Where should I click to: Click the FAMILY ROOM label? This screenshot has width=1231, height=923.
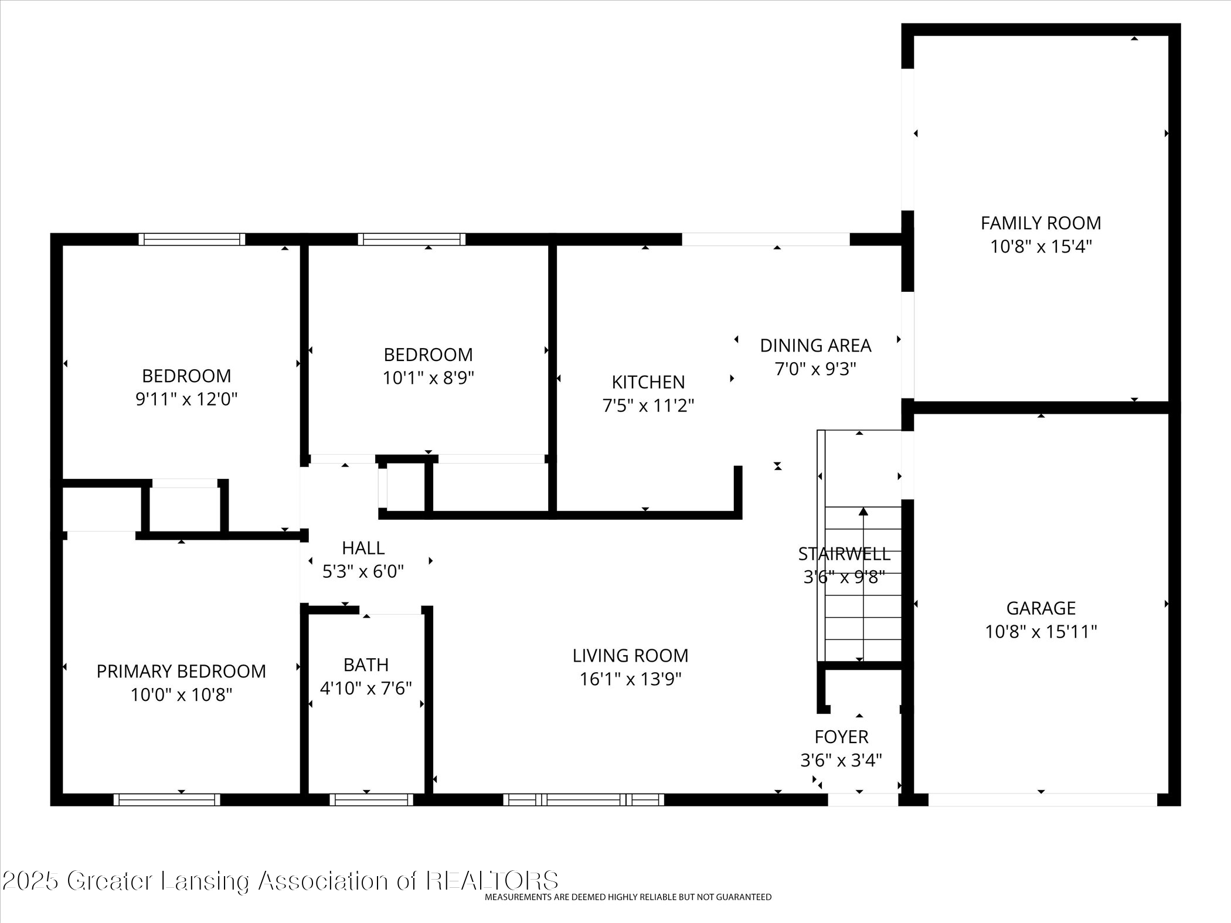[1040, 223]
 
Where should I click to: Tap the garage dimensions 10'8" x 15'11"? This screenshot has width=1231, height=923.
[1040, 632]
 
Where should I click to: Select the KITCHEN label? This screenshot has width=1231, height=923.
[648, 382]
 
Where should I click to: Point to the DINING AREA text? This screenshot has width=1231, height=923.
[815, 346]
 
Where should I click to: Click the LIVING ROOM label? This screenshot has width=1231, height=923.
[630, 655]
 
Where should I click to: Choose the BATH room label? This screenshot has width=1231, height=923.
[366, 665]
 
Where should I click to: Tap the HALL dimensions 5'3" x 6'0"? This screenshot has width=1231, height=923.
[363, 571]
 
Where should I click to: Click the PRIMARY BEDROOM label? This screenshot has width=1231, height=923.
[181, 671]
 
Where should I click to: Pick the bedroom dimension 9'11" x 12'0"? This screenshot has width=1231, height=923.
[186, 400]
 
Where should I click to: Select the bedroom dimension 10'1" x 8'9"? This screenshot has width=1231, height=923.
[428, 379]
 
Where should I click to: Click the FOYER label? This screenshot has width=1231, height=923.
[841, 737]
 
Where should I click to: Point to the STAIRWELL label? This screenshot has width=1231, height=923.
[844, 554]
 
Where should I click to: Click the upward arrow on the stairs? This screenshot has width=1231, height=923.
[863, 512]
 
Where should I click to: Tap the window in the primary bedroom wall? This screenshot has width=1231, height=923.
[167, 799]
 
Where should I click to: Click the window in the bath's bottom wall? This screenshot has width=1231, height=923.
[371, 799]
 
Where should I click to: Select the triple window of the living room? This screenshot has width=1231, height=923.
[583, 799]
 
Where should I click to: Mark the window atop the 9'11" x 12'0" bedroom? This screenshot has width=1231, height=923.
[192, 239]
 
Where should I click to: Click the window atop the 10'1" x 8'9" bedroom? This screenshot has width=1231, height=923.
[412, 239]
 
